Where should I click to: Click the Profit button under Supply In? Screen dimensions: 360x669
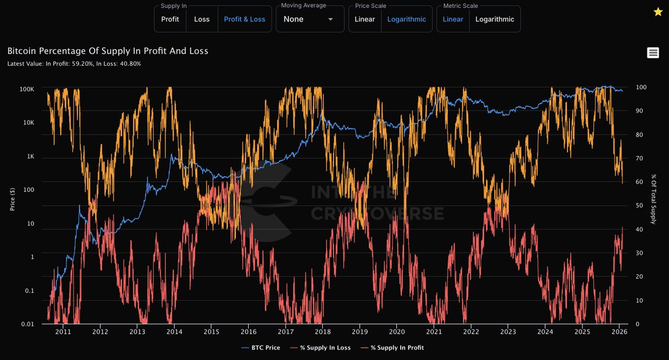170,19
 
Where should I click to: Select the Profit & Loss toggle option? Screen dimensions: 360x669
244,19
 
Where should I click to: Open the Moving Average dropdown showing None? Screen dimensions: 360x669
309,19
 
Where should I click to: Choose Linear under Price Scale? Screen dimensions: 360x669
365,19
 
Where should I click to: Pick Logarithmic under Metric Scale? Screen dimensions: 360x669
495,19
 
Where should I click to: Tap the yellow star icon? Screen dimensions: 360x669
658,12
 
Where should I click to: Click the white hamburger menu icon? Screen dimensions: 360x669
653,53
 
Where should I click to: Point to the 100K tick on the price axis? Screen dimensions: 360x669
26,89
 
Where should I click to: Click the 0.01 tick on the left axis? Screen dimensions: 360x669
27,324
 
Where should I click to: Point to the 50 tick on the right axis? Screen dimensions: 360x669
639,206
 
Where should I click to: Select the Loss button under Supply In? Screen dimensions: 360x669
202,19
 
